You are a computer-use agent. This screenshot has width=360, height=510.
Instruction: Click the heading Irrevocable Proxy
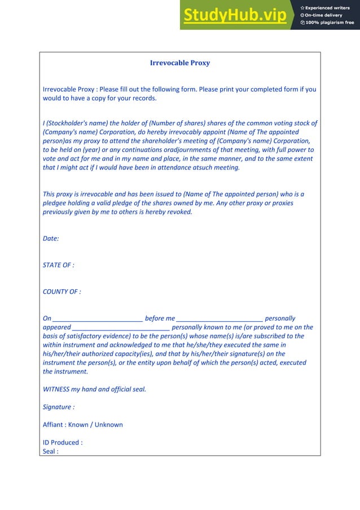pyautogui.click(x=179, y=63)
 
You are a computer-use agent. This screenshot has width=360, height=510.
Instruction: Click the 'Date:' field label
pyautogui.click(x=51, y=238)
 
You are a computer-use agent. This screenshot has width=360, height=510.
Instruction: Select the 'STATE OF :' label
pyautogui.click(x=59, y=265)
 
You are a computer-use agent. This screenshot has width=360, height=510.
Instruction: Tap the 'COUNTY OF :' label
pyautogui.click(x=62, y=292)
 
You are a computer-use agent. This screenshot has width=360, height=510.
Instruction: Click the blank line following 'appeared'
pyautogui.click(x=121, y=328)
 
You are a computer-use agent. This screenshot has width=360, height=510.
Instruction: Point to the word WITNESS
pyautogui.click(x=56, y=389)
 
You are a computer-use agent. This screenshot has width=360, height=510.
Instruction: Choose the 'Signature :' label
pyautogui.click(x=59, y=407)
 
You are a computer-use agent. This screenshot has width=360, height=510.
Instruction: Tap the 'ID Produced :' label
pyautogui.click(x=63, y=442)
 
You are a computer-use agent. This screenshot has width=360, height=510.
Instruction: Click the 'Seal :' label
pyautogui.click(x=51, y=451)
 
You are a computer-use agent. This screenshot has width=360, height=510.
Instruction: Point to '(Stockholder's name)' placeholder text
pyautogui.click(x=78, y=123)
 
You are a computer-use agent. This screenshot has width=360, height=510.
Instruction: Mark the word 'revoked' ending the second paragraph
pyautogui.click(x=179, y=212)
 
